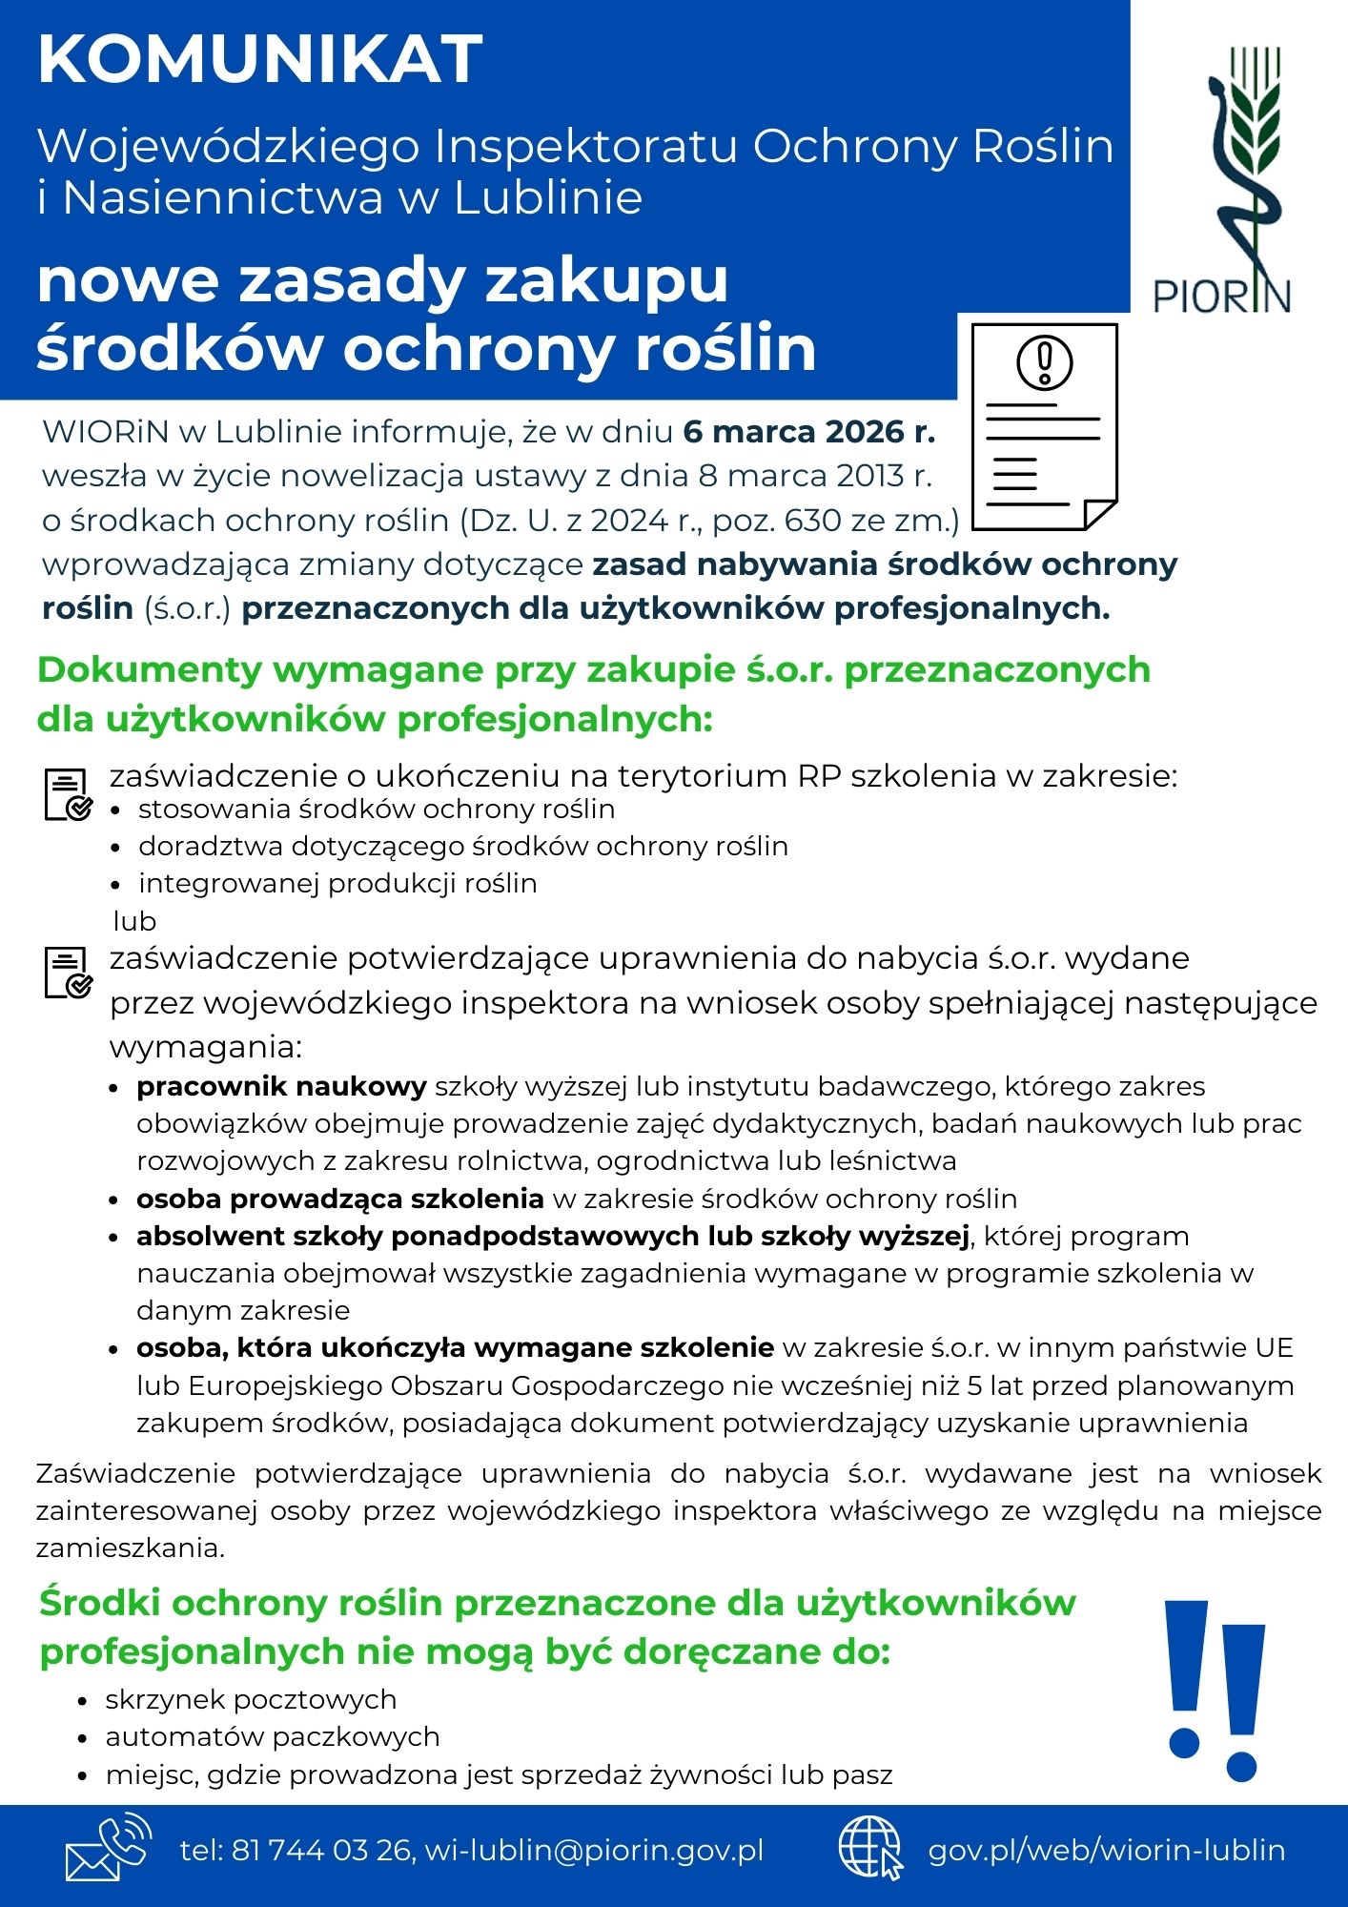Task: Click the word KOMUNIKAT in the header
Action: point(260,59)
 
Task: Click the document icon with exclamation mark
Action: point(1044,426)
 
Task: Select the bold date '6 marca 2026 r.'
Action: point(808,432)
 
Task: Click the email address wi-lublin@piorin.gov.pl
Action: point(594,1851)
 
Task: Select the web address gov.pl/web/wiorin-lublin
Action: point(1107,1851)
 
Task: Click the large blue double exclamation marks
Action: point(1215,1692)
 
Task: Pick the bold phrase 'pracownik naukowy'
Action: point(281,1087)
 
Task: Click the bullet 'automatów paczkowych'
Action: point(273,1737)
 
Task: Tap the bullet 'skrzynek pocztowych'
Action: point(251,1700)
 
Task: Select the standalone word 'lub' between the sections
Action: point(134,922)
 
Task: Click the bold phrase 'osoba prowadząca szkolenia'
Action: point(339,1199)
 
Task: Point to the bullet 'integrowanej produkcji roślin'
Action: point(337,884)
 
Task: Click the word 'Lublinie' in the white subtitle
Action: point(547,198)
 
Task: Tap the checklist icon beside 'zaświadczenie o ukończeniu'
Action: point(68,794)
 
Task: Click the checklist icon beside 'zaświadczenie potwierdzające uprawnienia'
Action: point(68,972)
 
